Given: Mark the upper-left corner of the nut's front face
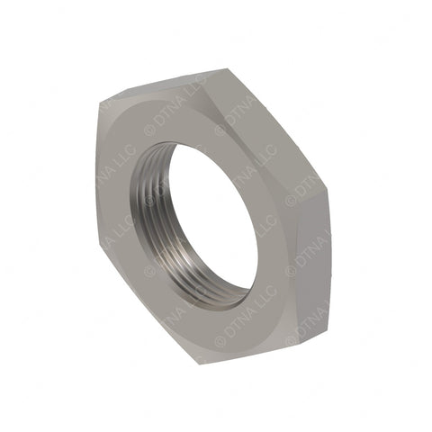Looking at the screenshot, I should [x=101, y=101].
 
